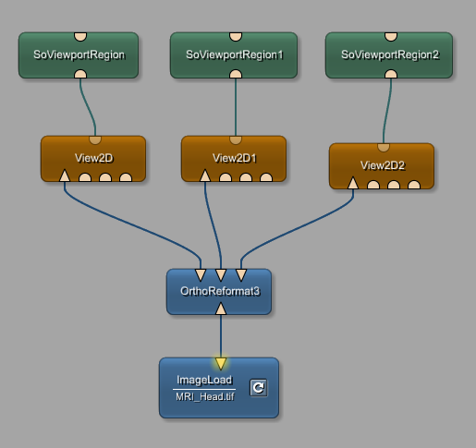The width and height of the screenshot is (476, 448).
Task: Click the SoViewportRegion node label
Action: tap(79, 54)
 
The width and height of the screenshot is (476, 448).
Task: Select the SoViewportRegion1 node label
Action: tap(235, 54)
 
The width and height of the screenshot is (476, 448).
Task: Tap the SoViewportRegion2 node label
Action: tap(390, 54)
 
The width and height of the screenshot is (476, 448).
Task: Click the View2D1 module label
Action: tap(234, 158)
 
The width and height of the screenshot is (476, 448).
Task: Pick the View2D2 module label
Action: tap(383, 165)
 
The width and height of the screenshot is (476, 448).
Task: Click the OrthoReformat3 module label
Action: tap(220, 291)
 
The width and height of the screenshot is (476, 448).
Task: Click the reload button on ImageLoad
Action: tap(259, 387)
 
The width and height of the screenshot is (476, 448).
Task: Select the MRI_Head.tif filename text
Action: tap(205, 396)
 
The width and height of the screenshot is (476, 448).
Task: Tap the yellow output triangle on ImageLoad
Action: tap(221, 363)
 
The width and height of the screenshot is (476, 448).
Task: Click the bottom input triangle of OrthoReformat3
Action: tap(221, 309)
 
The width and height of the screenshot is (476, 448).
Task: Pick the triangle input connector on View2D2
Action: tap(353, 183)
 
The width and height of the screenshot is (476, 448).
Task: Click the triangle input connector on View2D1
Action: tap(205, 176)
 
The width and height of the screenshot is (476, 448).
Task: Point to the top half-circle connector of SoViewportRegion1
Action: tap(236, 36)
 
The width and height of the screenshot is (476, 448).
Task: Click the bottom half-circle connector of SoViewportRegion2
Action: tap(391, 74)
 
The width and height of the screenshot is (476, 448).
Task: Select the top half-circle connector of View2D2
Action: tap(384, 147)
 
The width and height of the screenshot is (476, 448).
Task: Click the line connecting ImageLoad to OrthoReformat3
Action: tap(221, 336)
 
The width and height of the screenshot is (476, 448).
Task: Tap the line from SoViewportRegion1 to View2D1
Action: tap(236, 107)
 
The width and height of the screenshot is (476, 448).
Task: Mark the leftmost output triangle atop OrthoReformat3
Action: tap(201, 275)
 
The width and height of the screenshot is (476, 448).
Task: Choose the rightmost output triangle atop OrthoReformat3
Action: tap(241, 275)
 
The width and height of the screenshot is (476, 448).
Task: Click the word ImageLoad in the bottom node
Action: tap(204, 380)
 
